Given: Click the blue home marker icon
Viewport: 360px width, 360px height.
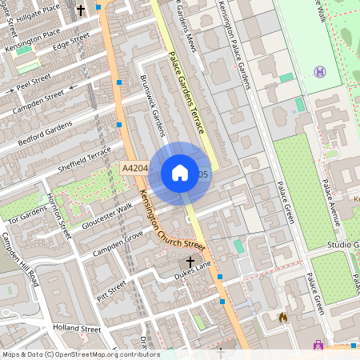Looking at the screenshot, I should click(x=180, y=173).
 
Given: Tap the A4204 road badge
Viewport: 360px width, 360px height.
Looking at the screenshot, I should click(x=134, y=169).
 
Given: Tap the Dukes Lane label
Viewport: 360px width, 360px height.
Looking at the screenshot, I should click(x=191, y=274).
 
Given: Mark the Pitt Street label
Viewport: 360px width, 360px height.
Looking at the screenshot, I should click(x=111, y=289).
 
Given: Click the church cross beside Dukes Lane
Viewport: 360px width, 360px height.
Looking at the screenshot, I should click(x=190, y=262).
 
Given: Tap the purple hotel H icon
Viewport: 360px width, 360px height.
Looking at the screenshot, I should click(x=321, y=72).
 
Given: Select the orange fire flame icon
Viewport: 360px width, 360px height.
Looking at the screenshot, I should click(x=282, y=317).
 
